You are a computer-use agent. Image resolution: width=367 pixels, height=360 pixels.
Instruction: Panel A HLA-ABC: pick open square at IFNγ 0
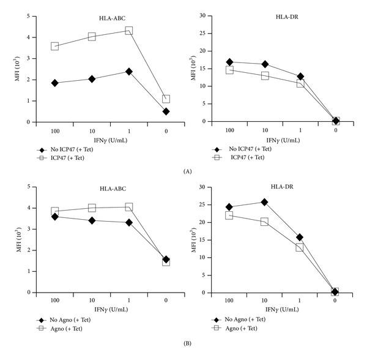tap(165, 99)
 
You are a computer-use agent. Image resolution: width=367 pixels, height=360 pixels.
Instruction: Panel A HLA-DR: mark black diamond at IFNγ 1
tap(300, 77)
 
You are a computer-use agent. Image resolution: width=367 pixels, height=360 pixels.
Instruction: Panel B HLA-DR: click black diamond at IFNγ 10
tap(264, 202)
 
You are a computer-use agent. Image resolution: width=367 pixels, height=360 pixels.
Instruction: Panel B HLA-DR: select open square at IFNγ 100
tap(229, 215)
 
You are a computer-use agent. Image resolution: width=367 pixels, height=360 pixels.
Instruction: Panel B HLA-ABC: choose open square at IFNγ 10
tap(92, 208)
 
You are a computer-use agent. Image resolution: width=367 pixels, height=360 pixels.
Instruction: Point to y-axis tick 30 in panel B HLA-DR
tap(207, 187)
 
